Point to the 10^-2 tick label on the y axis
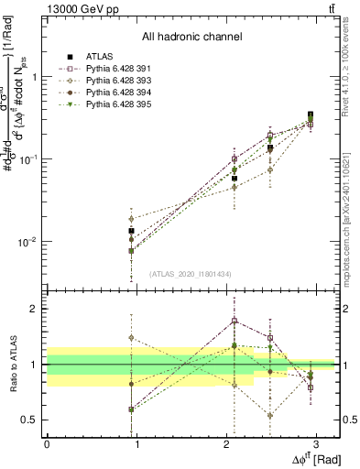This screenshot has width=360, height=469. pos(26,243)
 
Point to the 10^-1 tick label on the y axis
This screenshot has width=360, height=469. pos(26,159)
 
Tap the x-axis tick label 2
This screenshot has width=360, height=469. pos(226,443)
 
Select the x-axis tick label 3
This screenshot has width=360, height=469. pos(316,443)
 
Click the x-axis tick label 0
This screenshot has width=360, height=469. pos(47,443)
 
